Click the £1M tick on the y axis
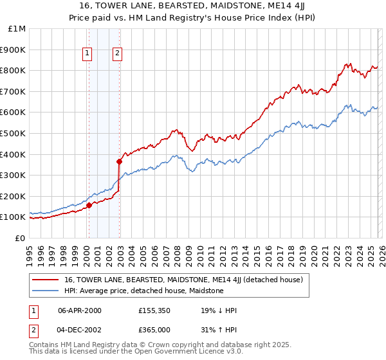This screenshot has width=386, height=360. pyautogui.click(x=17, y=29)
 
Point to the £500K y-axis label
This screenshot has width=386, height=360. pyautogui.click(x=14, y=133)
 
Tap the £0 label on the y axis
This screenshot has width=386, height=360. pyautogui.click(x=21, y=238)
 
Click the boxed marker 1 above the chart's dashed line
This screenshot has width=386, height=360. pyautogui.click(x=87, y=54)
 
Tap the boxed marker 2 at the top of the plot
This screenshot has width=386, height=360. pyautogui.click(x=118, y=54)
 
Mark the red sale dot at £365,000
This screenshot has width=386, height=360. pyautogui.click(x=120, y=161)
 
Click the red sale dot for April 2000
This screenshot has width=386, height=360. pyautogui.click(x=89, y=205)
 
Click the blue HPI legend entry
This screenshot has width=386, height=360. pyautogui.click(x=143, y=291)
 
